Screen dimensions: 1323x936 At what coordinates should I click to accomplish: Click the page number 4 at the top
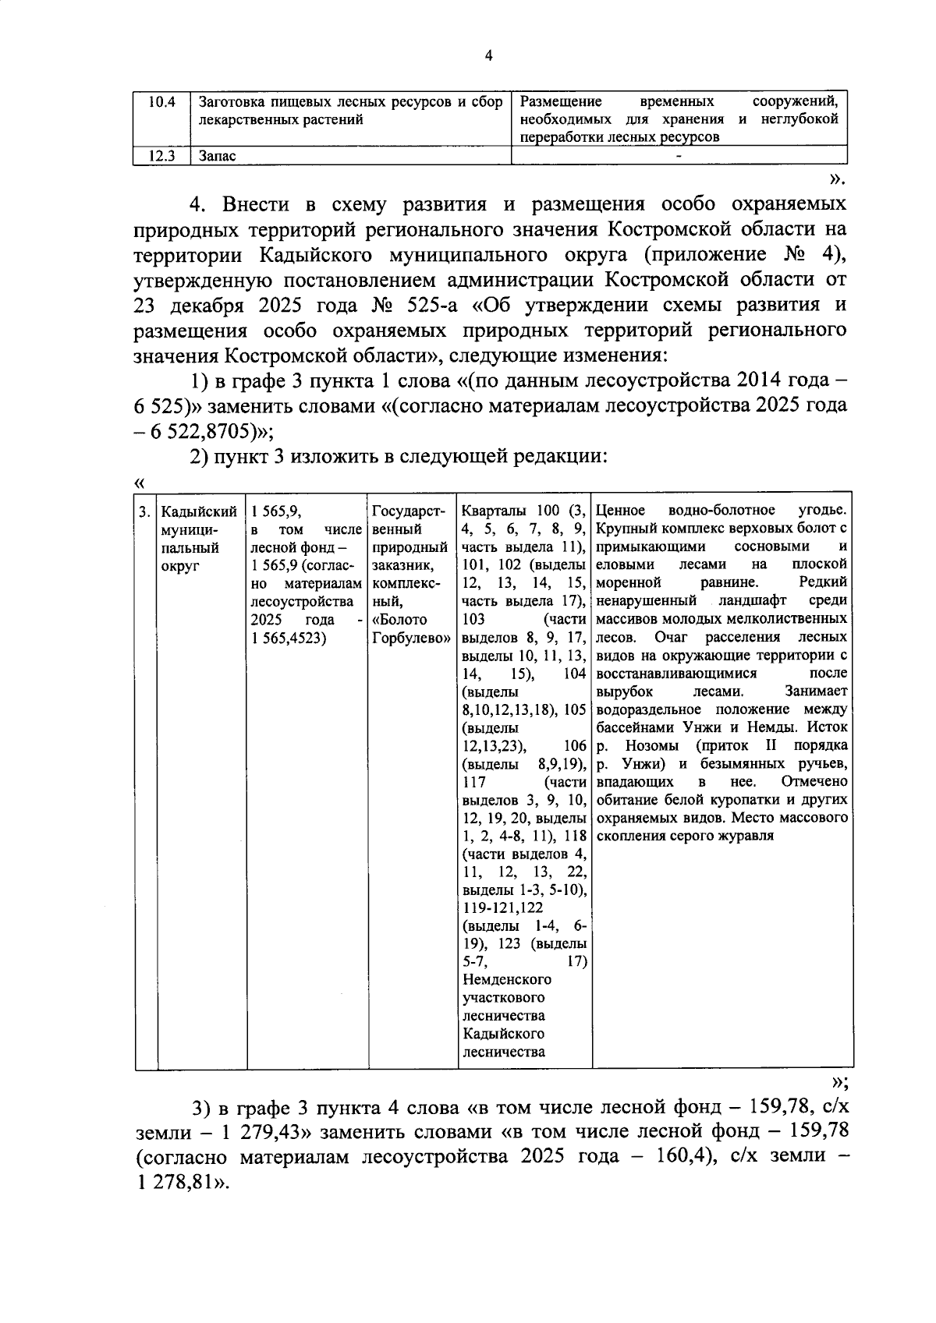click(488, 55)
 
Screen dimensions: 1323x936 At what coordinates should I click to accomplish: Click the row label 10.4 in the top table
click(162, 102)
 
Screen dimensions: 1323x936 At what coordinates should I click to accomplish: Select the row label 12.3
click(162, 156)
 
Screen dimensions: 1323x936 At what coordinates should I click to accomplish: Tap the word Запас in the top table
click(218, 156)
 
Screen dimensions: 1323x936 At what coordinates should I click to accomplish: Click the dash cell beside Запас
click(679, 156)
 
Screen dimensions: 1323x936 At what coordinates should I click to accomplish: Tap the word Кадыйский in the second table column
click(198, 511)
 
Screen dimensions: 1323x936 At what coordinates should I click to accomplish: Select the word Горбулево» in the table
click(411, 638)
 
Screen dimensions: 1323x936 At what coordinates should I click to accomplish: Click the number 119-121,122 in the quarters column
click(502, 908)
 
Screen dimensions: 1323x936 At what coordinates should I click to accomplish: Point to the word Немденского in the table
click(506, 980)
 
